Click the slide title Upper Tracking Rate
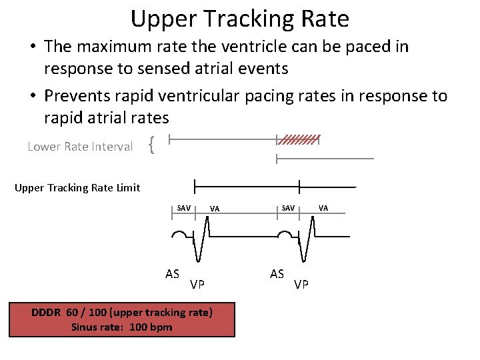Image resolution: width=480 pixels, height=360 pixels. coord(239,19)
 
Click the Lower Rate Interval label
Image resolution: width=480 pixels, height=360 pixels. coord(80,147)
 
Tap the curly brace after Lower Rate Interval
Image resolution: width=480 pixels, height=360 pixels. coord(152,145)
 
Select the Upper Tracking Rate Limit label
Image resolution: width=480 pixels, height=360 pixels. coord(77,187)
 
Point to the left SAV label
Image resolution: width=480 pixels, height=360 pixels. coord(184,208)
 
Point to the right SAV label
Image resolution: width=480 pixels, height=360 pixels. coord(288,208)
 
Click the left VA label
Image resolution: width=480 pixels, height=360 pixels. coord(215,209)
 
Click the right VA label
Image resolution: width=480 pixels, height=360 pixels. coord(323,208)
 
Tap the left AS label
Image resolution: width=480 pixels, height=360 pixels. coord(173,273)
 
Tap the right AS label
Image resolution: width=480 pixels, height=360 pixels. coord(277,273)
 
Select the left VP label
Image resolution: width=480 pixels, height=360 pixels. coord(197,285)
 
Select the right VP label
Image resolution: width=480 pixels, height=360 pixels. coord(301,285)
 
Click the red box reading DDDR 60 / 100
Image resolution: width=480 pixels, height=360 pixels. coord(122,319)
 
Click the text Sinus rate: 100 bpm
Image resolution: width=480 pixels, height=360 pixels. coord(122,327)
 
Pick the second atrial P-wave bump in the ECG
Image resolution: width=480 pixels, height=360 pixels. coord(285,235)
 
